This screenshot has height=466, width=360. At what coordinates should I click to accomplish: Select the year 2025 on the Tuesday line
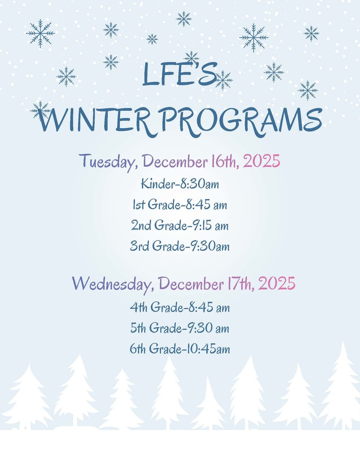click(x=261, y=162)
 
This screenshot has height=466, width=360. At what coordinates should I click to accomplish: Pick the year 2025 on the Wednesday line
click(x=277, y=283)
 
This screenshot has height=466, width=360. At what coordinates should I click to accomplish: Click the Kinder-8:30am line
click(x=180, y=185)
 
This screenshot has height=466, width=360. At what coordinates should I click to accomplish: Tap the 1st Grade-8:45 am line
click(x=180, y=205)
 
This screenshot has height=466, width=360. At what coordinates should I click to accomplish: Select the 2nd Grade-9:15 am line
click(x=180, y=226)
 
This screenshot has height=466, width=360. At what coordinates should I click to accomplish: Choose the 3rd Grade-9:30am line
click(x=180, y=246)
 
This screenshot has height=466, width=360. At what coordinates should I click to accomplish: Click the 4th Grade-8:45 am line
click(x=180, y=308)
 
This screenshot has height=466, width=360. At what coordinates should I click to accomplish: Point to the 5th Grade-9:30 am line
click(x=180, y=329)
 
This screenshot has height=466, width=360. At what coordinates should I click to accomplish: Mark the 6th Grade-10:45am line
click(x=180, y=349)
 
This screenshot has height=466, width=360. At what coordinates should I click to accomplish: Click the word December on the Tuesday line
click(x=176, y=162)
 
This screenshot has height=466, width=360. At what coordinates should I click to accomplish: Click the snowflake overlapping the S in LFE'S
click(x=223, y=80)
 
